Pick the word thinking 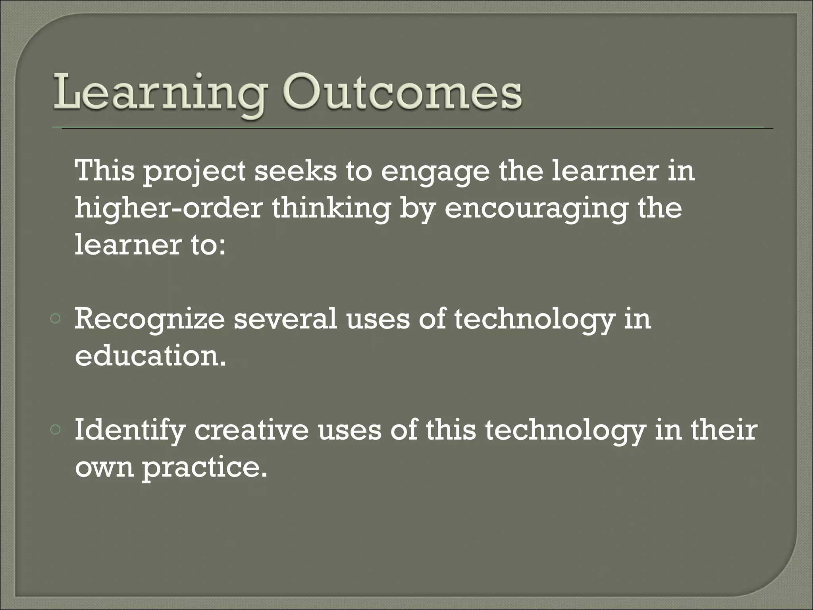click(x=331, y=208)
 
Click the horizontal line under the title click(x=413, y=128)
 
